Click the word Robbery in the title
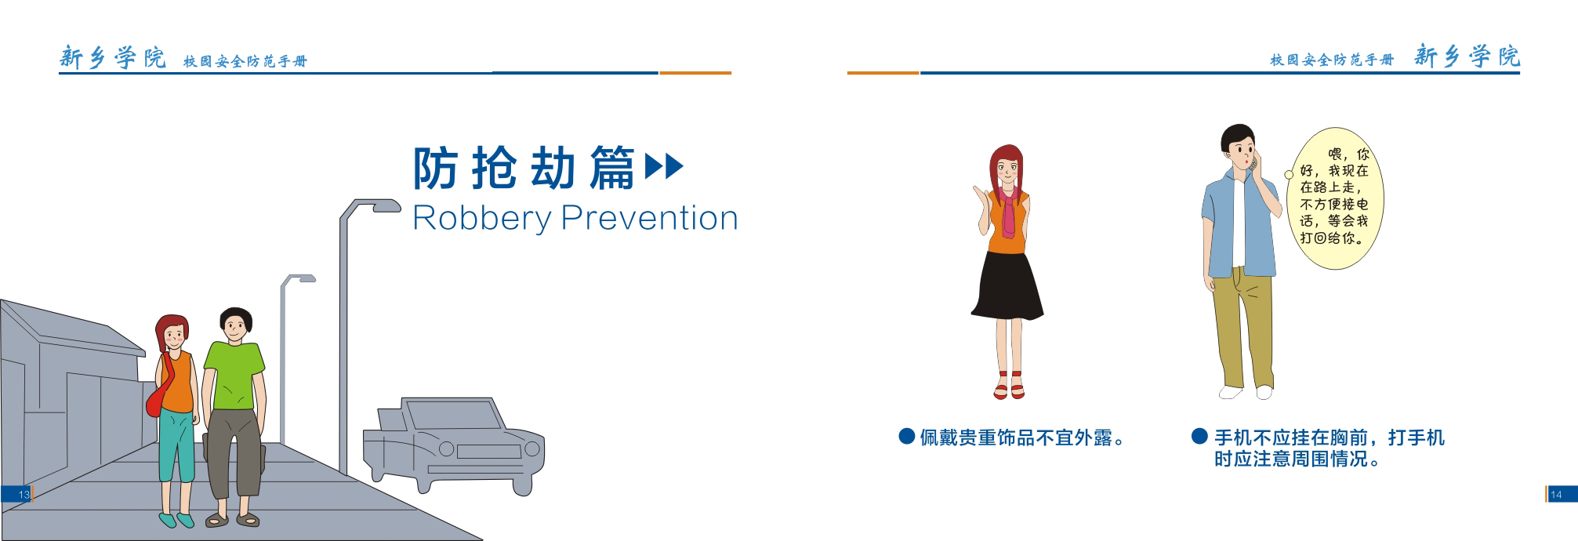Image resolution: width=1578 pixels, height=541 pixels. click(x=482, y=219)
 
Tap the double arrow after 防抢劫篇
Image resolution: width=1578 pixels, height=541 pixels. click(x=664, y=166)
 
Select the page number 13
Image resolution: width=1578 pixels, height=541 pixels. click(x=24, y=495)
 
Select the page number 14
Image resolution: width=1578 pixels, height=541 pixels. click(x=1556, y=495)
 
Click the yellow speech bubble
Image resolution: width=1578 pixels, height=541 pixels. click(x=1334, y=198)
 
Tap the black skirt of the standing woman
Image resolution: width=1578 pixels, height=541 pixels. click(x=1007, y=285)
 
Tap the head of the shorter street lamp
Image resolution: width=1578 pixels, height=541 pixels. click(x=303, y=278)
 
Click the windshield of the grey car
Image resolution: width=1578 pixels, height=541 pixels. click(x=455, y=414)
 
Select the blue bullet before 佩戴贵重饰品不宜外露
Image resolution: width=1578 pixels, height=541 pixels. click(x=907, y=437)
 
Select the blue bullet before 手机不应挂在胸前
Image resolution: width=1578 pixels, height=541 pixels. click(x=1199, y=436)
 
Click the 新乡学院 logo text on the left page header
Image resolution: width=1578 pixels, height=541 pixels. click(x=113, y=57)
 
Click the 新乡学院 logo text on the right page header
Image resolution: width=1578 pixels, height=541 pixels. click(x=1467, y=56)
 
